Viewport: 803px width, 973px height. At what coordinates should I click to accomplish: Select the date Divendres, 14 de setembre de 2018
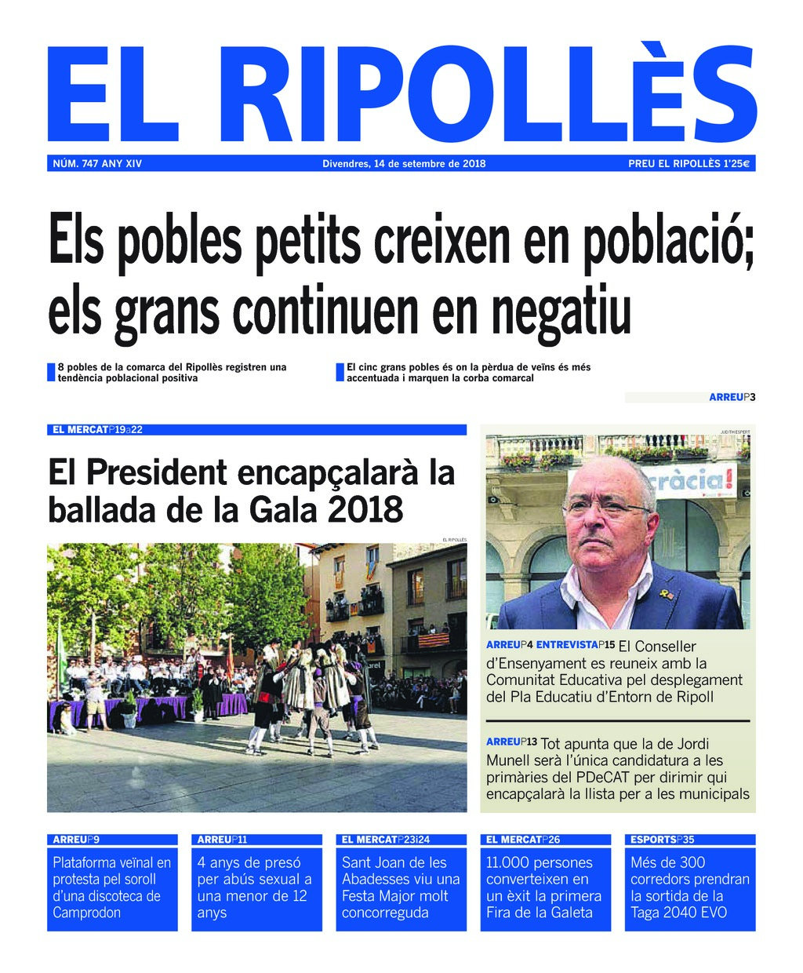click(x=404, y=164)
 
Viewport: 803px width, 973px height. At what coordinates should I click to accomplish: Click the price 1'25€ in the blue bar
click(x=736, y=164)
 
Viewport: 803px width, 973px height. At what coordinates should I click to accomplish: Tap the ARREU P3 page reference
click(x=732, y=397)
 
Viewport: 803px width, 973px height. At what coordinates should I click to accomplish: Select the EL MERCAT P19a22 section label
click(x=97, y=429)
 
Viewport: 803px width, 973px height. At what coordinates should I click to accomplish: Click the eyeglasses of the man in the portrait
click(x=605, y=505)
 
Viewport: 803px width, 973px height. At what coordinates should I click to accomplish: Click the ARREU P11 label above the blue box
click(x=222, y=840)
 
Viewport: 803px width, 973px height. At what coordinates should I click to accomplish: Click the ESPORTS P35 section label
click(x=662, y=840)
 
